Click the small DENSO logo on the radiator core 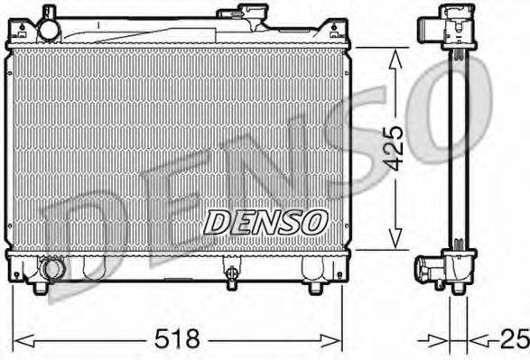264,220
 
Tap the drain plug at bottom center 232,272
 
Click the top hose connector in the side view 430,28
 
